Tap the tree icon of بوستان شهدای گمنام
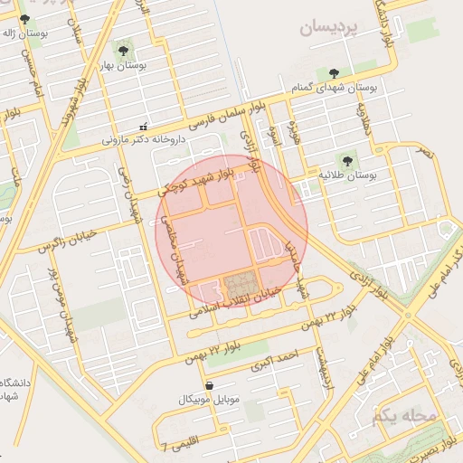coord(335,73)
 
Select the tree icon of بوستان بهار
coord(123,51)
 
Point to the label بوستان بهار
coord(123,66)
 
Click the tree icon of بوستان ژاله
coord(24,18)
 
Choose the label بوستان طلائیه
coord(348,174)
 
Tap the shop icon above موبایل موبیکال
coord(210,384)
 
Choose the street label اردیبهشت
coord(320,379)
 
